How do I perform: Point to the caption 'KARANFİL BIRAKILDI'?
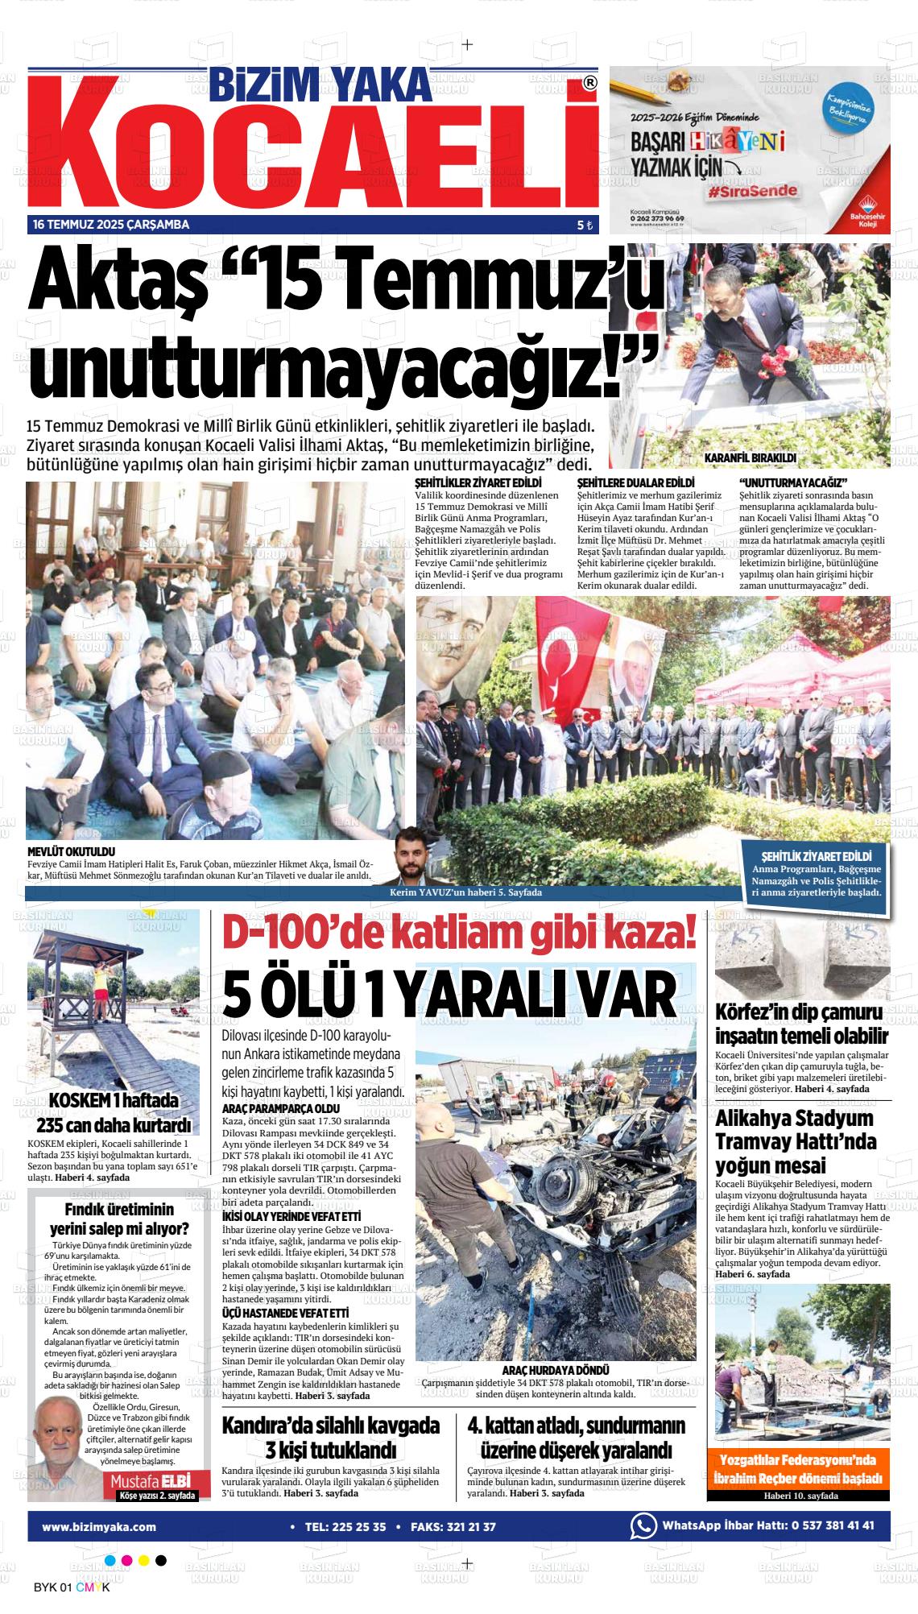pos(750,457)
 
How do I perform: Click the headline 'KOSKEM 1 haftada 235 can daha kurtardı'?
pos(113,1112)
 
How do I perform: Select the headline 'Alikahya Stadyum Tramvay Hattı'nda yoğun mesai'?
pos(795,1142)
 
